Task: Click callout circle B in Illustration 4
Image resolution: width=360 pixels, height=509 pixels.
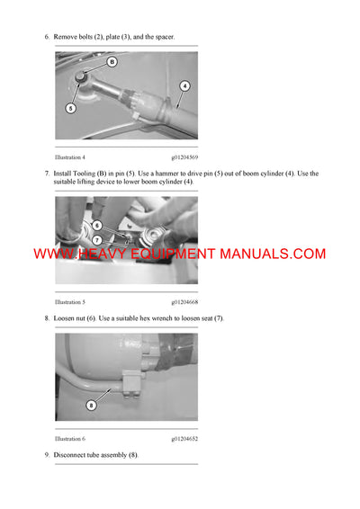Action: click(112, 62)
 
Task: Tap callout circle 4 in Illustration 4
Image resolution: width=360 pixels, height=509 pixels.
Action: click(184, 86)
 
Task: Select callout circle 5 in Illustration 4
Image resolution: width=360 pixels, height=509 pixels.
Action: click(70, 107)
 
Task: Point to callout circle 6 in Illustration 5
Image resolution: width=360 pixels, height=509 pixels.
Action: click(96, 225)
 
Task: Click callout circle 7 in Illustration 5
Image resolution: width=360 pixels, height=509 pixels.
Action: click(95, 239)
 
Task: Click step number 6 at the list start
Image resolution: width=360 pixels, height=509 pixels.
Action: click(47, 37)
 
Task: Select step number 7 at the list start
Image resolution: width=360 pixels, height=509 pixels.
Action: click(47, 174)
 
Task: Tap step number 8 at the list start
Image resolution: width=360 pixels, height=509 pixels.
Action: click(47, 318)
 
